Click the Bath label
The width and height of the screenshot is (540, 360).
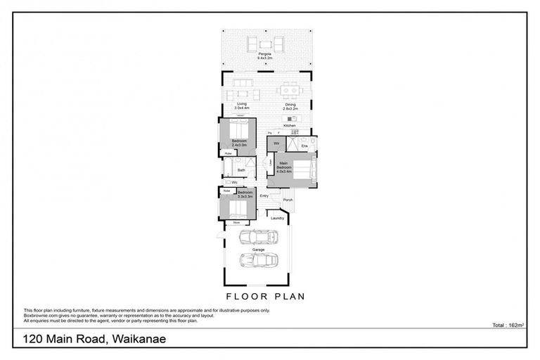[241, 170]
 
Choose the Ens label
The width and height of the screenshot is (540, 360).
[304, 146]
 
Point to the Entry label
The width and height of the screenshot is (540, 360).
[264, 196]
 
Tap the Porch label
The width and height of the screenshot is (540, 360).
[287, 200]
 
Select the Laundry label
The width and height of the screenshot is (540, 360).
[277, 218]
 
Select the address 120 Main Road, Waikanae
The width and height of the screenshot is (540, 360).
[96, 340]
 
